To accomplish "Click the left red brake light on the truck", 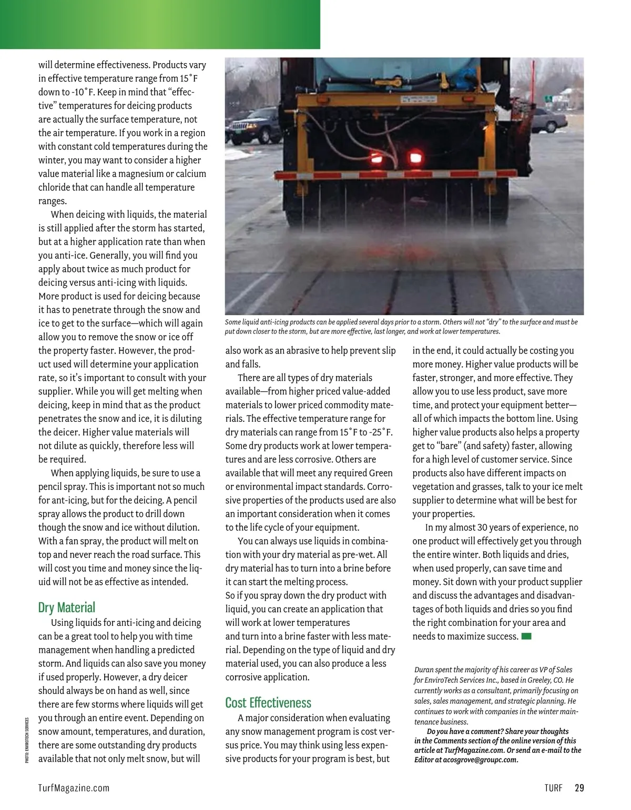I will click(x=377, y=157).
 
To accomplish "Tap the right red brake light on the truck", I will click(x=414, y=156).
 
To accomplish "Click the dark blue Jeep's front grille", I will click(x=239, y=127).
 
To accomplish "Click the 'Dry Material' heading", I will click(x=67, y=607).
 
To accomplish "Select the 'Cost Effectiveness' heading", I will click(x=268, y=703).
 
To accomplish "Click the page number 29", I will click(x=579, y=788).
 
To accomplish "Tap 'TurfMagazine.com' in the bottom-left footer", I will click(x=74, y=788).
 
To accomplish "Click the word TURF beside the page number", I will click(x=554, y=788).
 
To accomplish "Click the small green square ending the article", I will click(x=526, y=636).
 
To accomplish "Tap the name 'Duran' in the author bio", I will click(x=424, y=670).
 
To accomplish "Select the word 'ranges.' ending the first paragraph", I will click(x=53, y=201).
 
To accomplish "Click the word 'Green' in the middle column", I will click(x=381, y=473).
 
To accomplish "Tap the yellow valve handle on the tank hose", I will click(x=444, y=83).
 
